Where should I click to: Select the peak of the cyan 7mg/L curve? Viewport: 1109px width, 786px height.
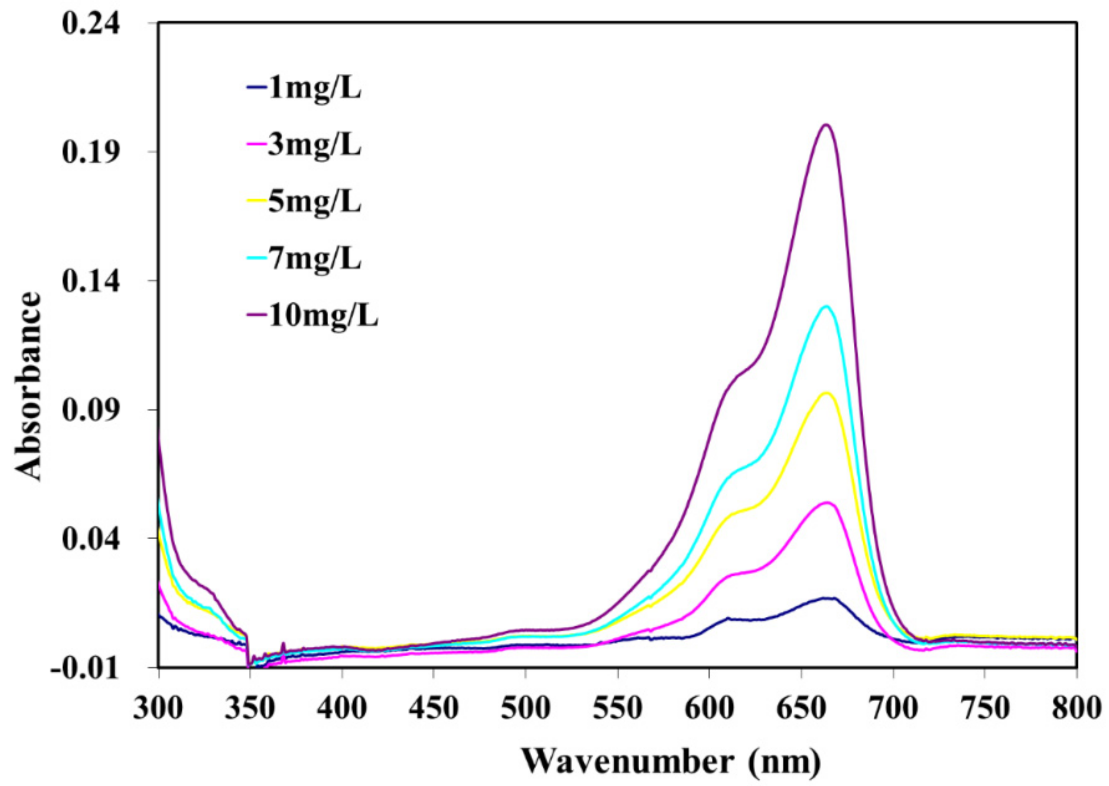pos(826,306)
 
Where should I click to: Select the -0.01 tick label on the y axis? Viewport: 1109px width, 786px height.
pos(85,669)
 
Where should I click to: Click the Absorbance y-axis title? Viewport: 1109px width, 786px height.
pos(28,386)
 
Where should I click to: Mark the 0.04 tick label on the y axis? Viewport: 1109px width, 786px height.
pos(90,540)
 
